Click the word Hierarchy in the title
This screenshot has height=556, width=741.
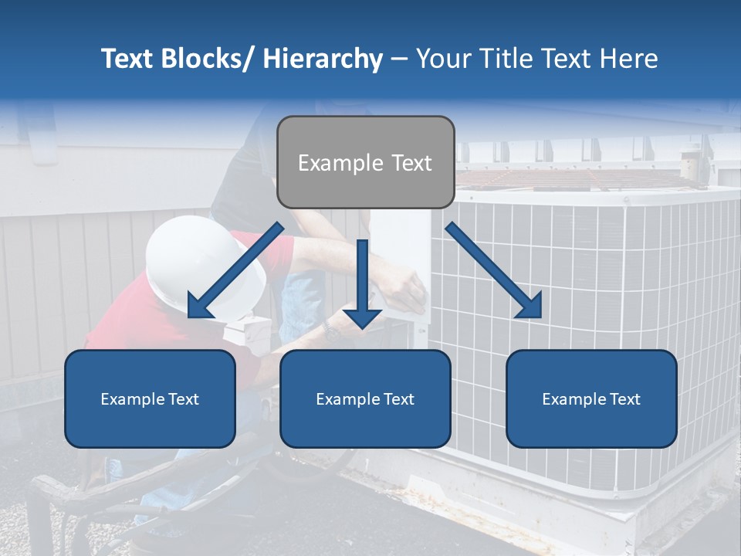pyautogui.click(x=323, y=59)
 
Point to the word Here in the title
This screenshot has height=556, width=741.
pyautogui.click(x=628, y=59)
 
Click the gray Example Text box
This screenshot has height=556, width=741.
pyautogui.click(x=365, y=162)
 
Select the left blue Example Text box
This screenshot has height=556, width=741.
pyautogui.click(x=150, y=398)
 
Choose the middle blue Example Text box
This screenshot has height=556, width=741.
pyautogui.click(x=365, y=398)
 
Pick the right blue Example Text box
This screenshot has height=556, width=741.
pyautogui.click(x=591, y=398)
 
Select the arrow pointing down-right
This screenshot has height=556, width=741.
pyautogui.click(x=495, y=271)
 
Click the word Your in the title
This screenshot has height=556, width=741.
pyautogui.click(x=441, y=59)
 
